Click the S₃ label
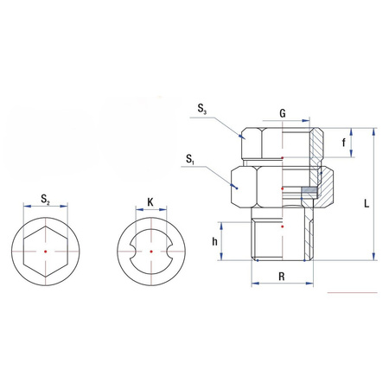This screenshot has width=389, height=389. (201, 108)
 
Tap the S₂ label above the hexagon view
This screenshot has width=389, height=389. (46, 201)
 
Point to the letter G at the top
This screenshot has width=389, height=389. (282, 112)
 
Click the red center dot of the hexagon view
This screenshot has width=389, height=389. (46, 252)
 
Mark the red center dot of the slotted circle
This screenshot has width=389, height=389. (150, 252)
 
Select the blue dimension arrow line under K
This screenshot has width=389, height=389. (150, 210)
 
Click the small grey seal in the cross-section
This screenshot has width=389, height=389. (309, 189)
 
